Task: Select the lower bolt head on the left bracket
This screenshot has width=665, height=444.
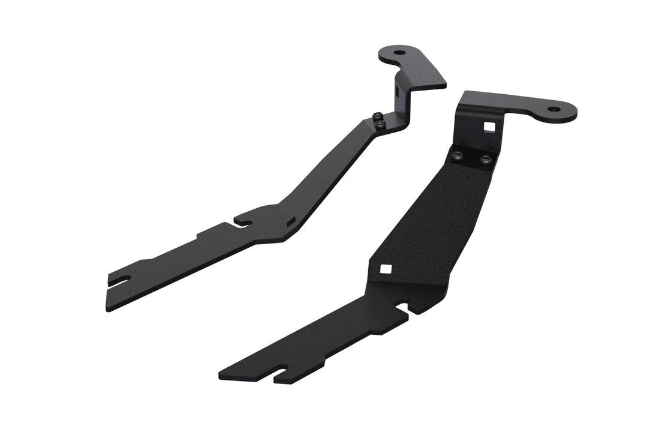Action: (x=381, y=124)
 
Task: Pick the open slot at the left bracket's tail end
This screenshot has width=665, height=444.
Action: (x=120, y=280)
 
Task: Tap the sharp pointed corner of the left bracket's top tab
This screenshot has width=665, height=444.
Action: (x=445, y=85)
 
